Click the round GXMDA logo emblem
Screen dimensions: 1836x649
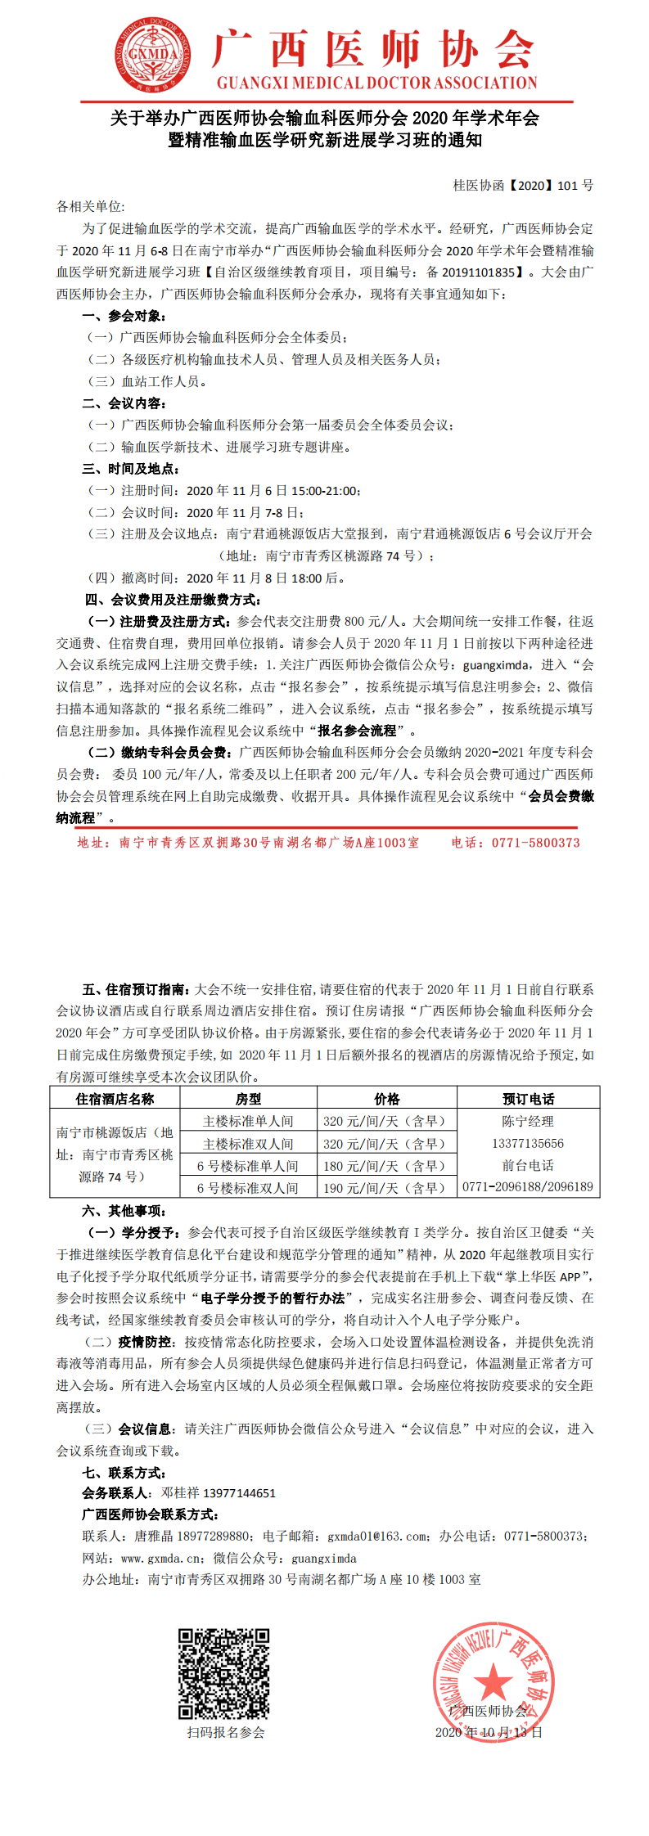[x=153, y=56]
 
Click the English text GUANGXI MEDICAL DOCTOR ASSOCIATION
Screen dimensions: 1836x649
[x=376, y=83]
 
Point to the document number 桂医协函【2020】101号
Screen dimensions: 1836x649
[x=523, y=186]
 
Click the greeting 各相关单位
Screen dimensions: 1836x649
[x=90, y=207]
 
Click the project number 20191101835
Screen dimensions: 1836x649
[x=478, y=272]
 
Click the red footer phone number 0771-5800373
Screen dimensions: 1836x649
[x=535, y=843]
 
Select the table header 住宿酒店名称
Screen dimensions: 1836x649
[x=115, y=1099]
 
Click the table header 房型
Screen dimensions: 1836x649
[x=248, y=1099]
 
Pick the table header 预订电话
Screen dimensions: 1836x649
[x=528, y=1099]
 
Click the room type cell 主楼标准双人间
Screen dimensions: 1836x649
[x=248, y=1144]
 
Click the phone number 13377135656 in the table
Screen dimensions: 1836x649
[x=528, y=1143]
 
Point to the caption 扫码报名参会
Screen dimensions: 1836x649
[x=225, y=1733]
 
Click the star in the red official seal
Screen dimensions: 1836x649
[x=493, y=1682]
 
